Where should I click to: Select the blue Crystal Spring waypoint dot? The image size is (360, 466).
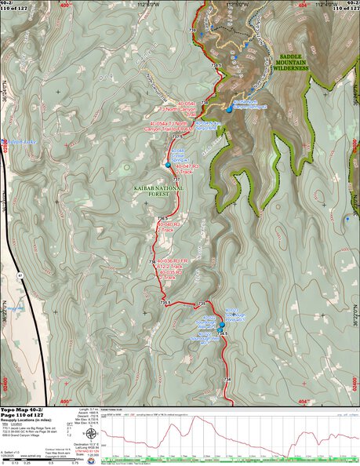[x=168, y=165]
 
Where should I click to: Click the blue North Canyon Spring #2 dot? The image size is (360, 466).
[x=229, y=110]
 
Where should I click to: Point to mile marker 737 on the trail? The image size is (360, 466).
[x=176, y=180]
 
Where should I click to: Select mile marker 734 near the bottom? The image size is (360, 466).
[x=227, y=380]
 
